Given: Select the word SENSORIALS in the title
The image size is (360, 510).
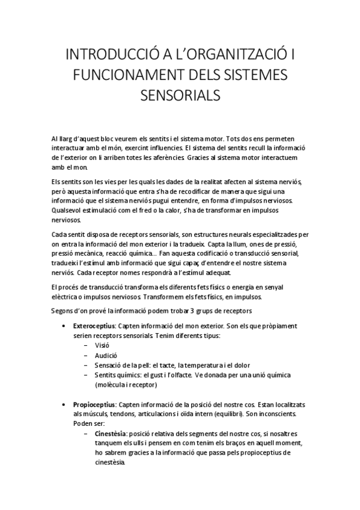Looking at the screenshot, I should coord(180,96).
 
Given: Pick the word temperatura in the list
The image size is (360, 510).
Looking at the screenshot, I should coord(210,364).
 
